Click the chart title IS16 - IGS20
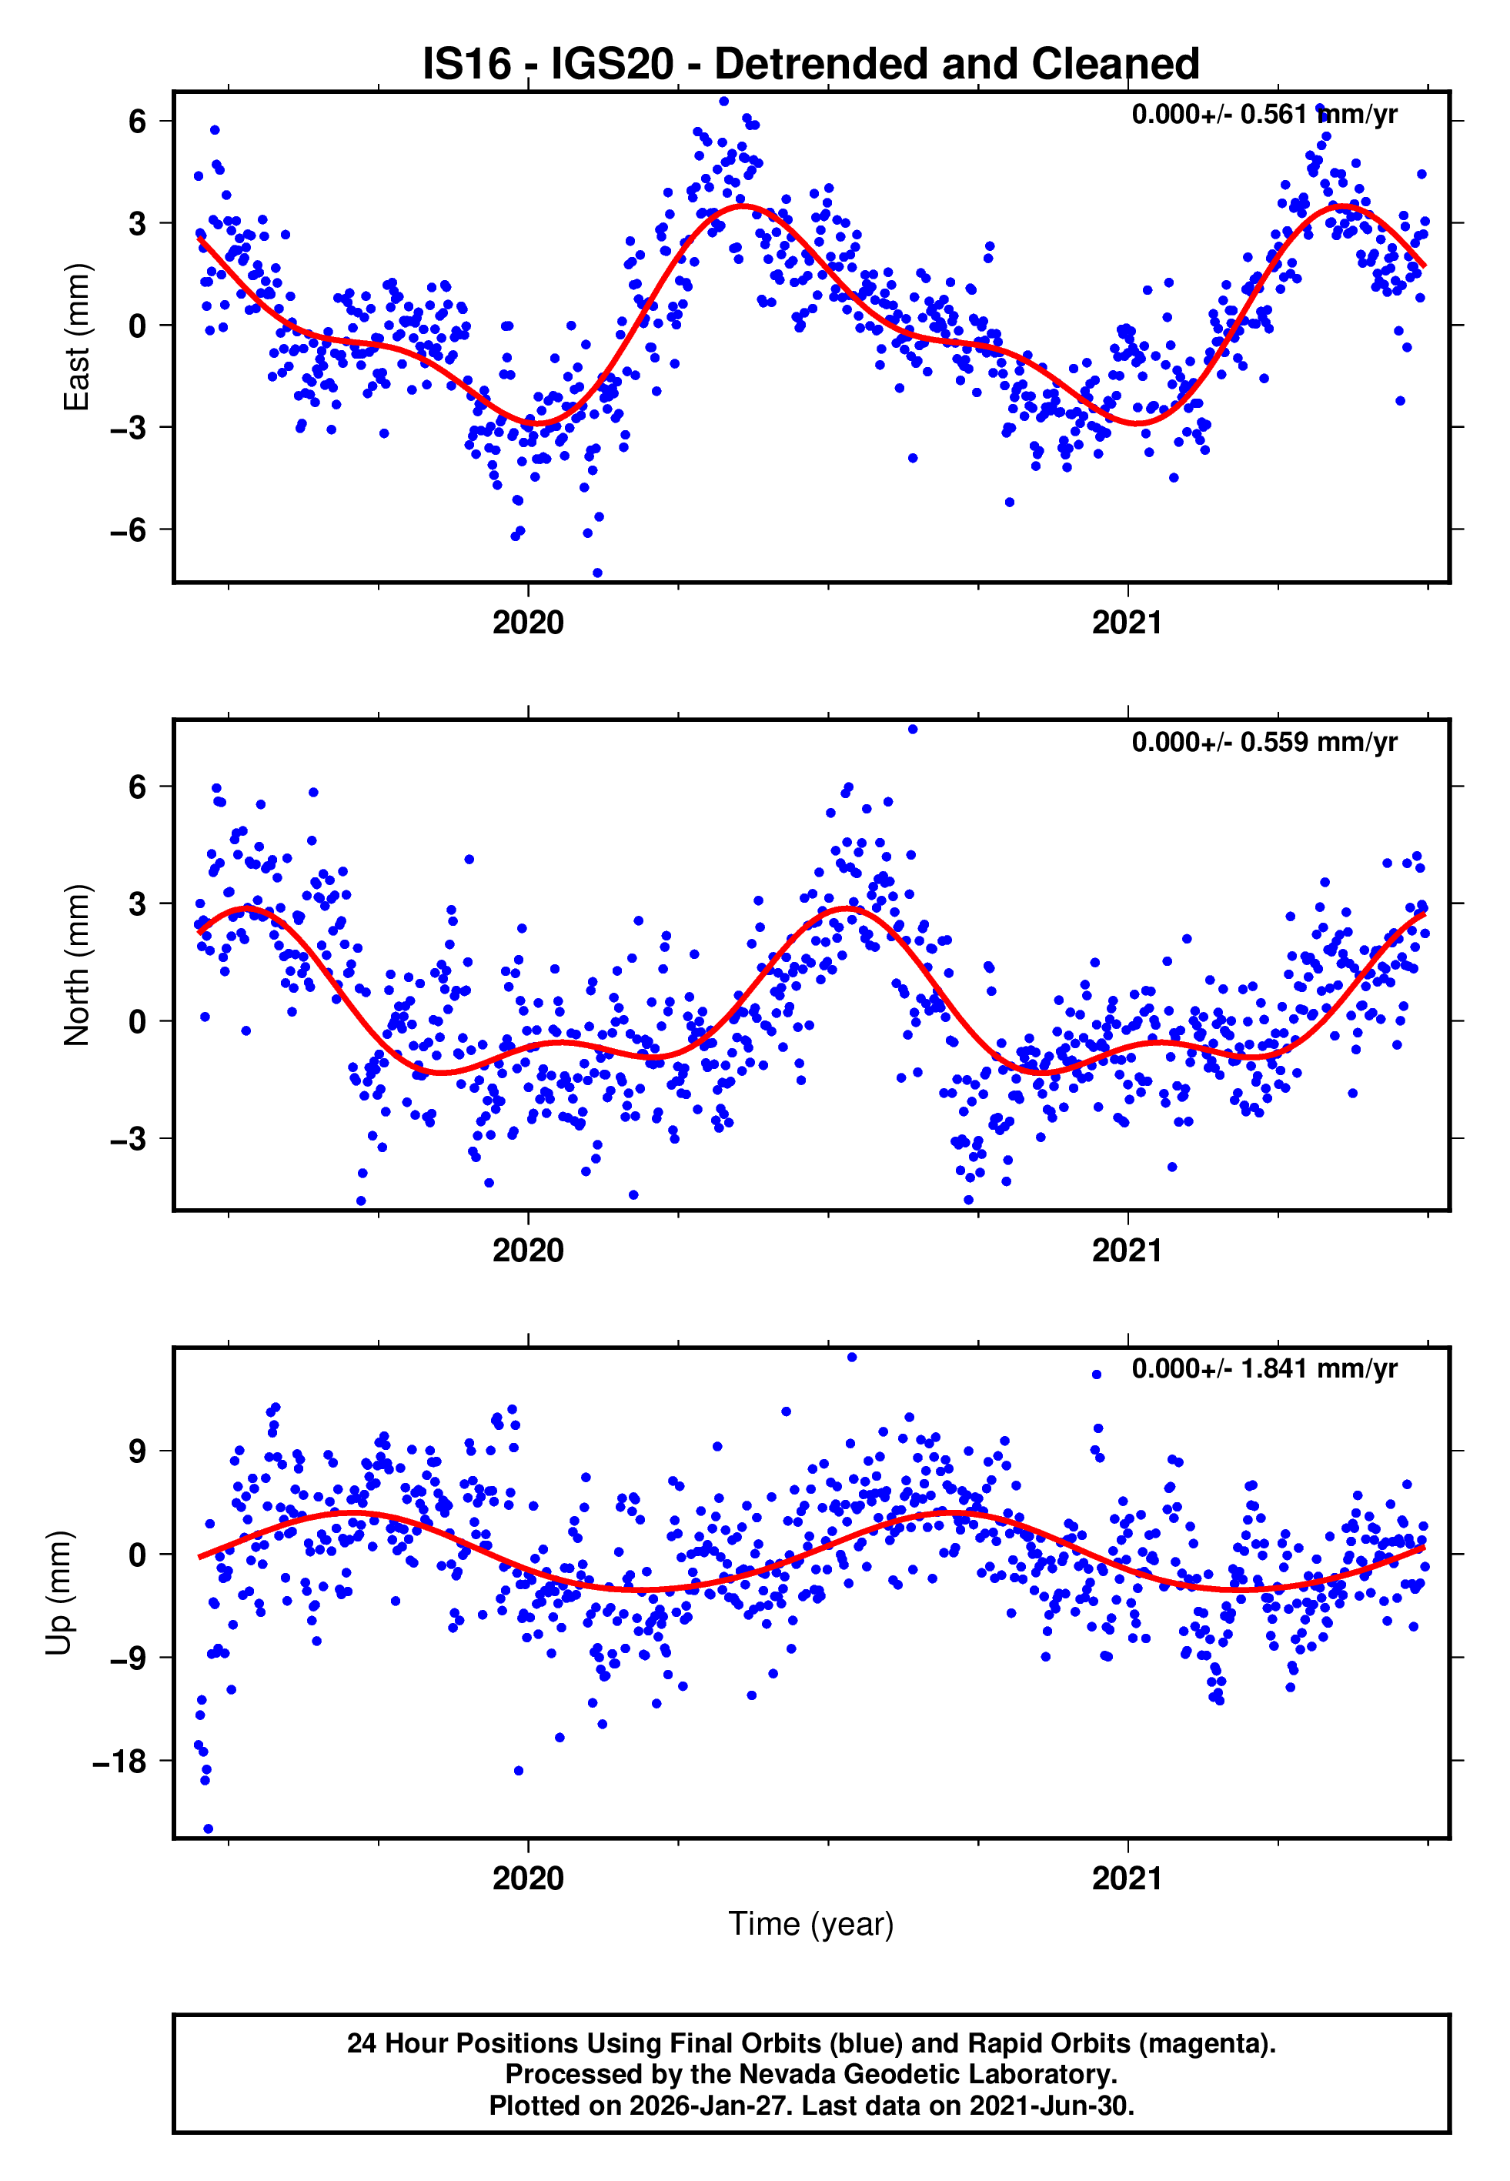pos(810,65)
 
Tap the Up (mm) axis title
pos(58,1593)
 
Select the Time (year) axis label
pos(810,1924)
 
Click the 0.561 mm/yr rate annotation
pos(1263,115)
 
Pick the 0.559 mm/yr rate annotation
pos(1263,743)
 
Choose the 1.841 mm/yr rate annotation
pos(1263,1368)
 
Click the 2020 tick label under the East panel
pos(528,623)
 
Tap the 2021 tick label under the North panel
pos(1127,1251)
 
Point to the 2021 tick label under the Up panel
pos(1127,1878)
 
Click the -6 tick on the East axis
pos(128,529)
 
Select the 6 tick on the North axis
pos(138,787)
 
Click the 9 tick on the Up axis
pos(138,1451)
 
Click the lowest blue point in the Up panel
pos(208,1829)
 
